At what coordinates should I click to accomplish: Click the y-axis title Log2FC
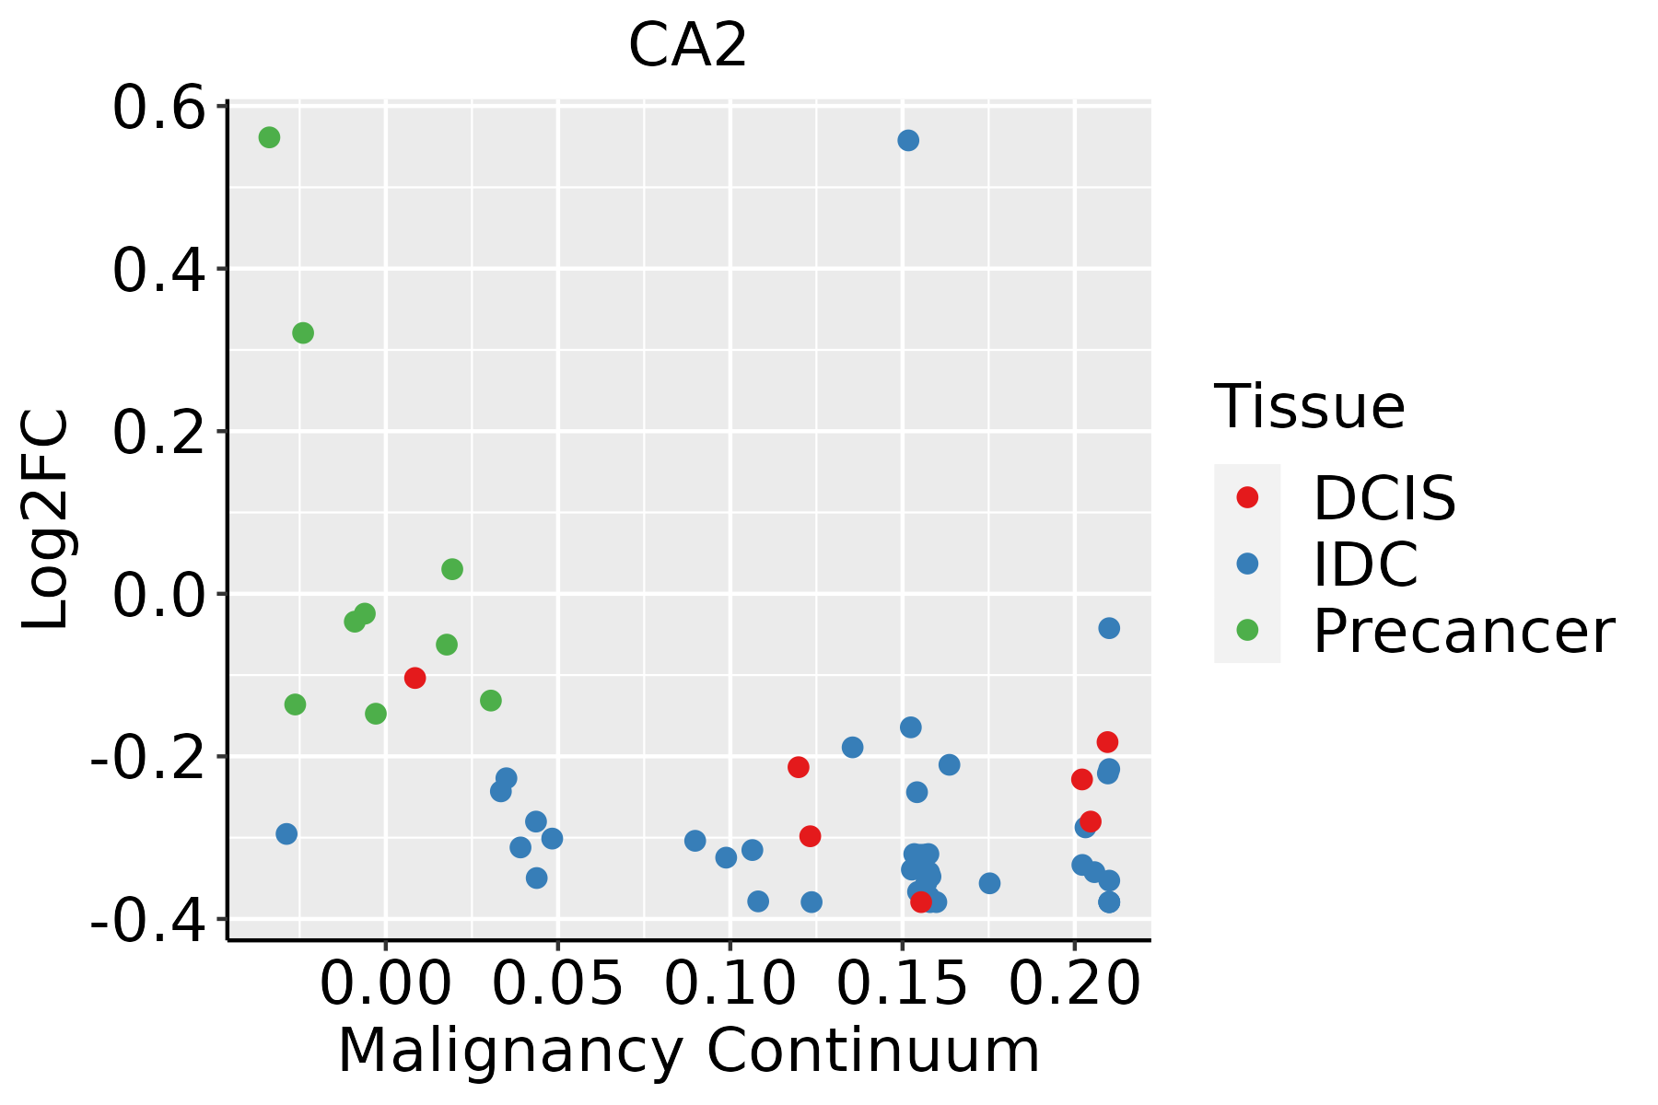point(46,519)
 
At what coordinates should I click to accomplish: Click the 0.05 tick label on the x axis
point(557,983)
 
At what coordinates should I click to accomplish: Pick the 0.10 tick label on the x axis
point(730,983)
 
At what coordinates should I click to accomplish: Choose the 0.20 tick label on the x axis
point(1074,983)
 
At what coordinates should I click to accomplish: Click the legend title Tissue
point(1309,406)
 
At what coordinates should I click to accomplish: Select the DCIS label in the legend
point(1384,498)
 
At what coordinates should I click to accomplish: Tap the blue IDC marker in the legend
point(1247,564)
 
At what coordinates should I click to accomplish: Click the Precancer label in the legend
point(1463,631)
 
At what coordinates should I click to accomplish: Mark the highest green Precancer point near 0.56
point(269,137)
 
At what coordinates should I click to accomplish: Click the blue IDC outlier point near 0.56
point(908,140)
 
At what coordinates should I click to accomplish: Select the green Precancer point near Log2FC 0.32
point(303,332)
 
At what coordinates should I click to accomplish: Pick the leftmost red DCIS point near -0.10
point(414,678)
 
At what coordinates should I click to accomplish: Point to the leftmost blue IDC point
point(286,833)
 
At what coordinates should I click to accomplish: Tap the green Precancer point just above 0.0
point(452,569)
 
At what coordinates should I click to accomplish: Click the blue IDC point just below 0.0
point(1109,628)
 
